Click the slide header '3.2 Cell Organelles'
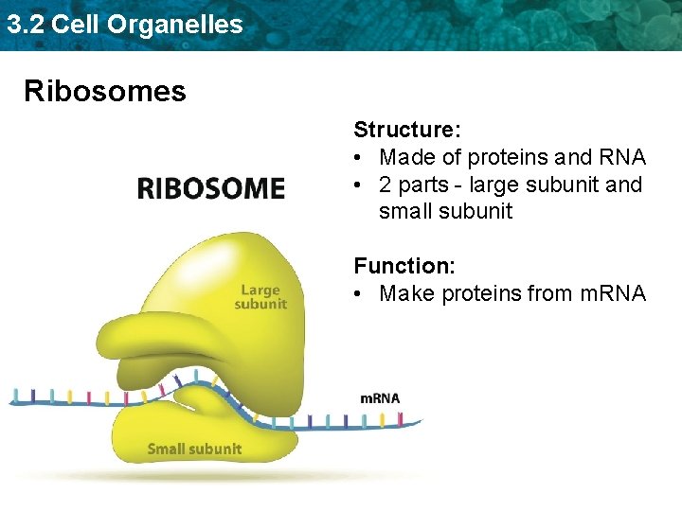[125, 25]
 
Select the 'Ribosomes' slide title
[105, 91]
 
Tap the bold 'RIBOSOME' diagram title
[211, 188]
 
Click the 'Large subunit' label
[260, 297]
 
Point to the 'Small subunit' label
[194, 449]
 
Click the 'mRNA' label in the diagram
[380, 398]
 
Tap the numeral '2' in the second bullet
[386, 185]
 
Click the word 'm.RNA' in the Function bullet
[610, 294]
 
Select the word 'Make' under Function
[405, 294]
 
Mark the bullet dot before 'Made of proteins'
[360, 157]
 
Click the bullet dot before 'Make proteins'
[360, 294]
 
